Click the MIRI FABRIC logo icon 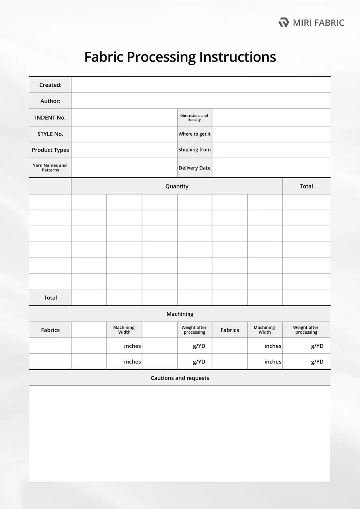284,22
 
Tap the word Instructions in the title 237,57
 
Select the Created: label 50,85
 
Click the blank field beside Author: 200,101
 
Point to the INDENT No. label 50,118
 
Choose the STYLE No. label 50,134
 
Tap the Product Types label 50,150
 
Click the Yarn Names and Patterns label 50,168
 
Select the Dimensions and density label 195,118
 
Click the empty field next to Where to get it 271,134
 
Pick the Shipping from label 195,150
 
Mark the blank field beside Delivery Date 271,168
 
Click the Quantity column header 177,186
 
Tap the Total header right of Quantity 306,186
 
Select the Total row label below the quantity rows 50,298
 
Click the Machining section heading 180,314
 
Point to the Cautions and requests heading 180,378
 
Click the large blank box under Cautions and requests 180,433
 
